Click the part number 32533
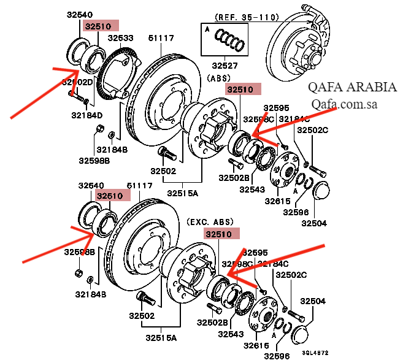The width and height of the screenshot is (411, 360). [121, 38]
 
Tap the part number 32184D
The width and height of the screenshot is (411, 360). [86, 115]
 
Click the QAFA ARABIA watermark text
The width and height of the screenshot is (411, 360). [352, 87]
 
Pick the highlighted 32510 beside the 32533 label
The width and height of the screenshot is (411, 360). [98, 26]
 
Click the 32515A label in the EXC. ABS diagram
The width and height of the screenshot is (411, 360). [161, 338]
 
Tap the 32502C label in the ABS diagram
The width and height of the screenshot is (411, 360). [313, 130]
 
